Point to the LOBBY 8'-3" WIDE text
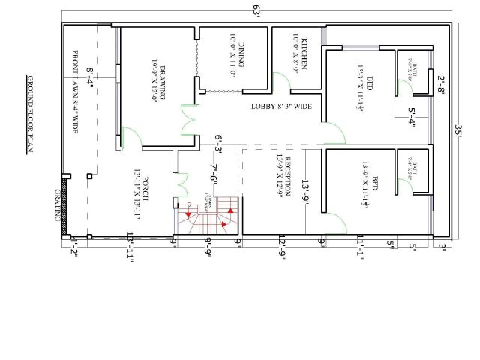click(x=281, y=106)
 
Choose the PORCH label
click(x=138, y=193)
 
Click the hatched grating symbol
click(x=66, y=205)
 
